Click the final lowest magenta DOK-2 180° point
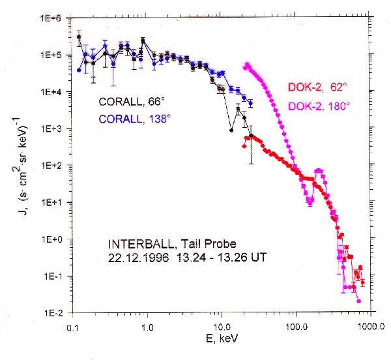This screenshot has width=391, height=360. pos(358,301)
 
